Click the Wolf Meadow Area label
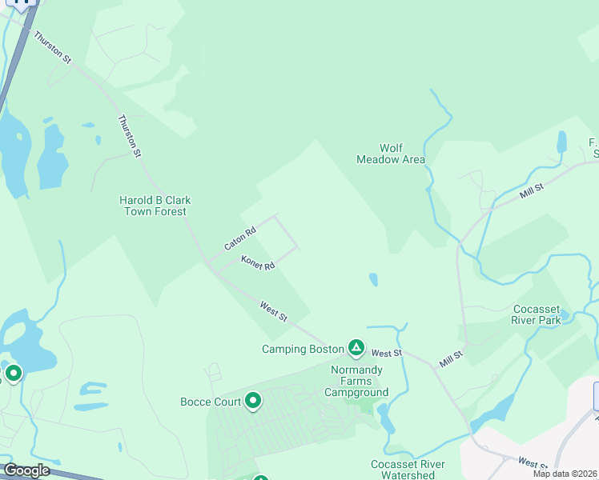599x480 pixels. pyautogui.click(x=391, y=154)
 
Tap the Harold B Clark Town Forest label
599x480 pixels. pyautogui.click(x=155, y=206)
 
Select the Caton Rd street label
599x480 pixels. pyautogui.click(x=240, y=237)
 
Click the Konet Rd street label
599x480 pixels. pyautogui.click(x=258, y=262)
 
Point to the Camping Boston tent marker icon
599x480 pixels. pyautogui.click(x=356, y=348)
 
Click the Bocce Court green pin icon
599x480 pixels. pyautogui.click(x=253, y=401)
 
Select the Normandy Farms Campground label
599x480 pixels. pyautogui.click(x=356, y=381)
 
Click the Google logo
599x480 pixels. pyautogui.click(x=26, y=470)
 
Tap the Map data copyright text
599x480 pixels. pyautogui.click(x=565, y=474)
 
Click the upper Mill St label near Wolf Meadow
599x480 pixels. pyautogui.click(x=531, y=190)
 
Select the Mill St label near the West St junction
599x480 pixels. pyautogui.click(x=451, y=359)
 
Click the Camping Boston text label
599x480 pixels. pyautogui.click(x=295, y=349)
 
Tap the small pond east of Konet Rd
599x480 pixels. pyautogui.click(x=373, y=279)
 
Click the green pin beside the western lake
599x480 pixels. pyautogui.click(x=13, y=373)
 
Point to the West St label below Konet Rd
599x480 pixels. pyautogui.click(x=273, y=311)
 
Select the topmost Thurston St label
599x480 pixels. pyautogui.click(x=53, y=47)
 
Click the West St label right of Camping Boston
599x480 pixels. pyautogui.click(x=386, y=353)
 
